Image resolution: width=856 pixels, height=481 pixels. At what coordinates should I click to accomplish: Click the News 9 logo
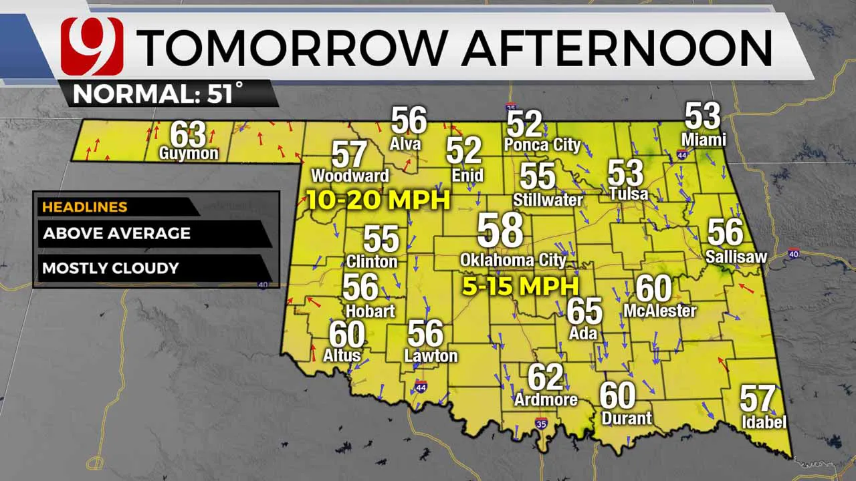coord(92,46)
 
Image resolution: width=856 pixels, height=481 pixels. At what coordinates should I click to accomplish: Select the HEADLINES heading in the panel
coord(84,207)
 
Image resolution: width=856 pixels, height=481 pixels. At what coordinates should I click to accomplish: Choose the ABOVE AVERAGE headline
coord(116,234)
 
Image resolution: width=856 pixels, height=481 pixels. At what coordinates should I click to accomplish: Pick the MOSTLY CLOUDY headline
coord(110,269)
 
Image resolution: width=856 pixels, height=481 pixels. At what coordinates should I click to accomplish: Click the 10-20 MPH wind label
coord(379,200)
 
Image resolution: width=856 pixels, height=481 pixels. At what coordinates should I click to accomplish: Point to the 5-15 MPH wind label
coord(520,287)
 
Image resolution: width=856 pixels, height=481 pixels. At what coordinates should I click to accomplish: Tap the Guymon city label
coord(189,154)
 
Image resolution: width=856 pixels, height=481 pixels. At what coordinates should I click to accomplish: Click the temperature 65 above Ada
coord(584,311)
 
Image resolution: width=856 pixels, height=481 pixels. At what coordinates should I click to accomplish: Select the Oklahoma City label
coord(513,260)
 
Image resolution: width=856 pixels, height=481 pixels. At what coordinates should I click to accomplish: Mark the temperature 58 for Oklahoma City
coord(500,230)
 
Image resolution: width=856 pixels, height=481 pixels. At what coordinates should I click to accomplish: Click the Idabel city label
coord(764,422)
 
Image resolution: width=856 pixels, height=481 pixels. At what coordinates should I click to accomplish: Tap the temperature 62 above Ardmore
coord(546,377)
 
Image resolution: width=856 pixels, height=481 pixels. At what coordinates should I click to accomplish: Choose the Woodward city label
coord(350,176)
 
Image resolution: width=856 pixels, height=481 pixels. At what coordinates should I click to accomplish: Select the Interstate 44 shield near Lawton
coord(421,387)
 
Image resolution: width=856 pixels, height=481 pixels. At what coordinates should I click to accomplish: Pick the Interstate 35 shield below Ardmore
coord(541,423)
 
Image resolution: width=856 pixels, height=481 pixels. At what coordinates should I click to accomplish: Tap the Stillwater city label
coord(548,200)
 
